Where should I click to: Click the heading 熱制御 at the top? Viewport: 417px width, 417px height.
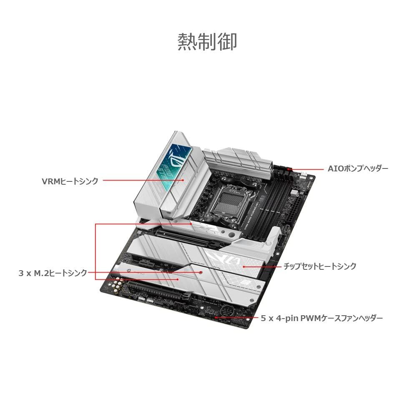click(x=207, y=42)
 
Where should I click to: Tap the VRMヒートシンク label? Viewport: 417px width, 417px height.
click(x=70, y=181)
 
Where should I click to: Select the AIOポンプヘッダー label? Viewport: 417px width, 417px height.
click(x=358, y=168)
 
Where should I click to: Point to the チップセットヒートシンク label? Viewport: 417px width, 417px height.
click(x=320, y=266)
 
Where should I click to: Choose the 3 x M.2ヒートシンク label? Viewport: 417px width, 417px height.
click(x=53, y=273)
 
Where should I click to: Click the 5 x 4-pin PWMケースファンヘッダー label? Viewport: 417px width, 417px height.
click(x=322, y=318)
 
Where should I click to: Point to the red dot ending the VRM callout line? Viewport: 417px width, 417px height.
click(x=183, y=180)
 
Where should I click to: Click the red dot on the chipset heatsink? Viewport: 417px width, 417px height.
click(x=244, y=266)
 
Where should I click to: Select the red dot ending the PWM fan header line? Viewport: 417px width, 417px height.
click(x=216, y=317)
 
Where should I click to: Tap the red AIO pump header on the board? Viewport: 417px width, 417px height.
click(x=289, y=169)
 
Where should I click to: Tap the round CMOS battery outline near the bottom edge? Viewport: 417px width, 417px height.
click(x=227, y=310)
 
